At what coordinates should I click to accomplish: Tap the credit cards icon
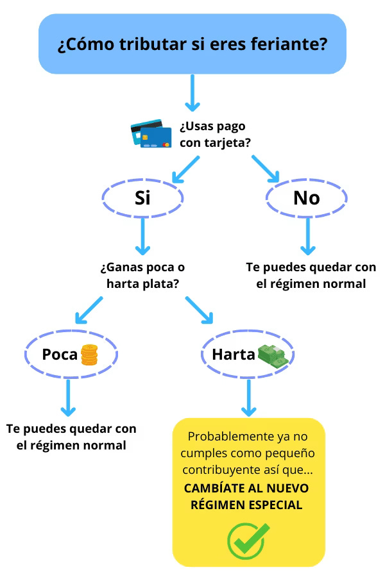pos(151,133)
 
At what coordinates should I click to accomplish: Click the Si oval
pos(142,198)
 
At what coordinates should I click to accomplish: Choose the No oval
pos(306,198)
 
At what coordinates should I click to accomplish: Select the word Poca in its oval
pos(60,354)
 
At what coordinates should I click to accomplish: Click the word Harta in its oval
pos(234,354)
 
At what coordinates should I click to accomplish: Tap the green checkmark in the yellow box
pos(248,539)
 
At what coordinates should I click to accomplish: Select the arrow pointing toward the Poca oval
pos(89,310)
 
